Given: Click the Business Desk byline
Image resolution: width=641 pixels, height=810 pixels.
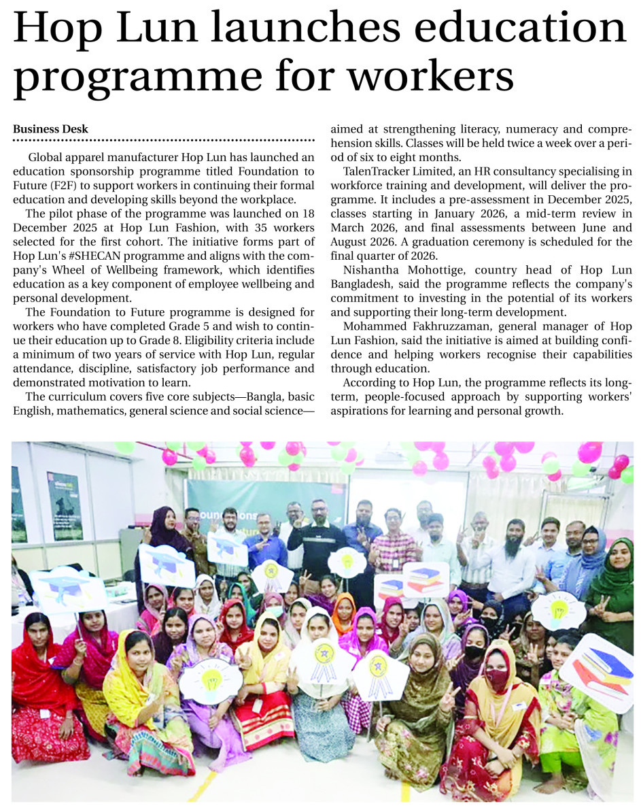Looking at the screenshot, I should pyautogui.click(x=50, y=129).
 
